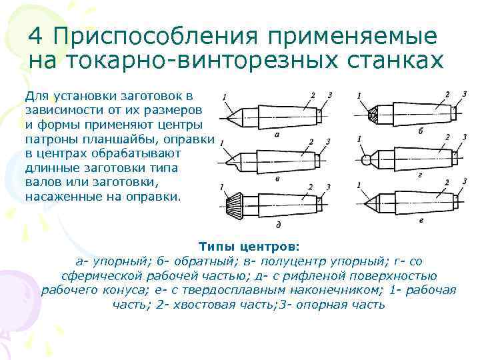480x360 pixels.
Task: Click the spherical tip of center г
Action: [367, 160]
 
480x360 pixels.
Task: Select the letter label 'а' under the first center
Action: [276, 135]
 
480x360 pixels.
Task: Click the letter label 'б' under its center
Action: [421, 131]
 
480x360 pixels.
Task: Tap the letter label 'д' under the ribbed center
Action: [276, 225]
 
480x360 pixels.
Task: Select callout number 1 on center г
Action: [359, 139]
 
